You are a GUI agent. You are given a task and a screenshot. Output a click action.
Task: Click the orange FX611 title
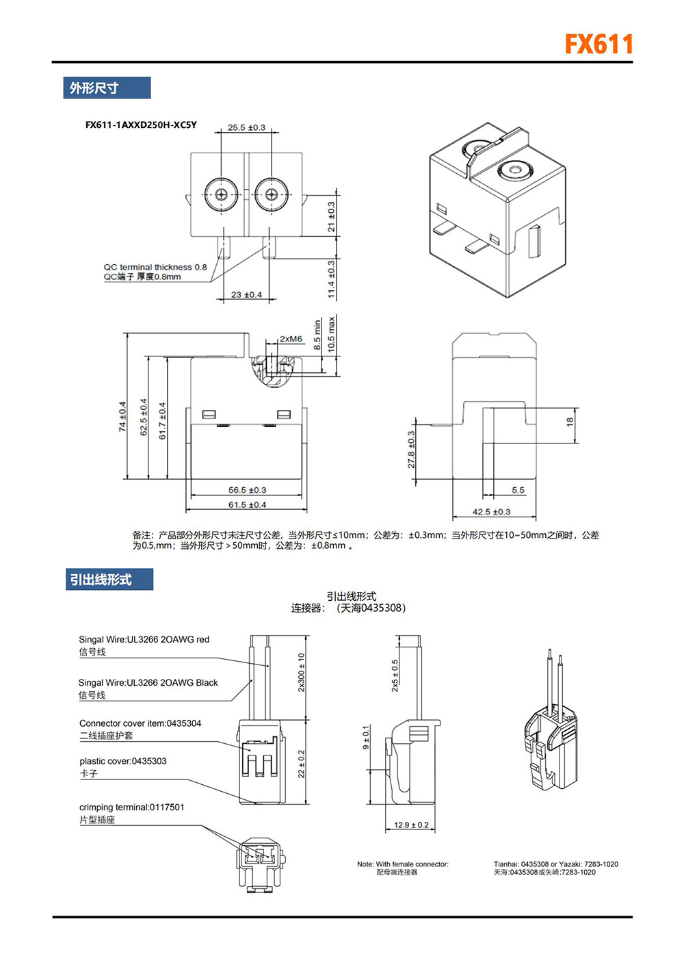pos(599,44)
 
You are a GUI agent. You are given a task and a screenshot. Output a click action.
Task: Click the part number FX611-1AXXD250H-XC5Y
pos(141,125)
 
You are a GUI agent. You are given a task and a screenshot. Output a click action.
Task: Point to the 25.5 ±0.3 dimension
pos(246,128)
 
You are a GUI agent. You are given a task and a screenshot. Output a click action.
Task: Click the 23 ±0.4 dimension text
pos(246,295)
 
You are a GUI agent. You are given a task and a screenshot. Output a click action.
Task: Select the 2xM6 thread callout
pos(291,339)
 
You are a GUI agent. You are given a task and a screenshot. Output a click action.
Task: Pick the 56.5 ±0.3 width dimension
pos(247,490)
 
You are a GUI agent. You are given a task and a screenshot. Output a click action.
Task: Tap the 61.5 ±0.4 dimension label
pos(247,505)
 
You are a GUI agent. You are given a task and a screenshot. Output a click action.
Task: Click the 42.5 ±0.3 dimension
pos(491,512)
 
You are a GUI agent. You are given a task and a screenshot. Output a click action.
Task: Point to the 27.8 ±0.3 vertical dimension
pos(412,449)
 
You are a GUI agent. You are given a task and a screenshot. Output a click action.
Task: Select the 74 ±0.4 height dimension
pos(122,416)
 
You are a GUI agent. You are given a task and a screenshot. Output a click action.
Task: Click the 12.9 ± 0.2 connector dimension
pos(411,825)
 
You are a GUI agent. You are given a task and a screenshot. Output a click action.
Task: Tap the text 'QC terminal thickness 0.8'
pos(155,268)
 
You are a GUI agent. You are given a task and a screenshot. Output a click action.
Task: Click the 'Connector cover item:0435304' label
pos(140,723)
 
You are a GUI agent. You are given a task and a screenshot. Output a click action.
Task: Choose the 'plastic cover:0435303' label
pos(123,761)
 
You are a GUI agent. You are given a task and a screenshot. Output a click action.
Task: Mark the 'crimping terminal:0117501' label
pos(132,807)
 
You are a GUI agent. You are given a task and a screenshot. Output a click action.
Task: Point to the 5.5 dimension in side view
pos(518,490)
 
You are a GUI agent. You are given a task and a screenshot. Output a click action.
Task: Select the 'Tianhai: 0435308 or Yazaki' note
pos(555,864)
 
